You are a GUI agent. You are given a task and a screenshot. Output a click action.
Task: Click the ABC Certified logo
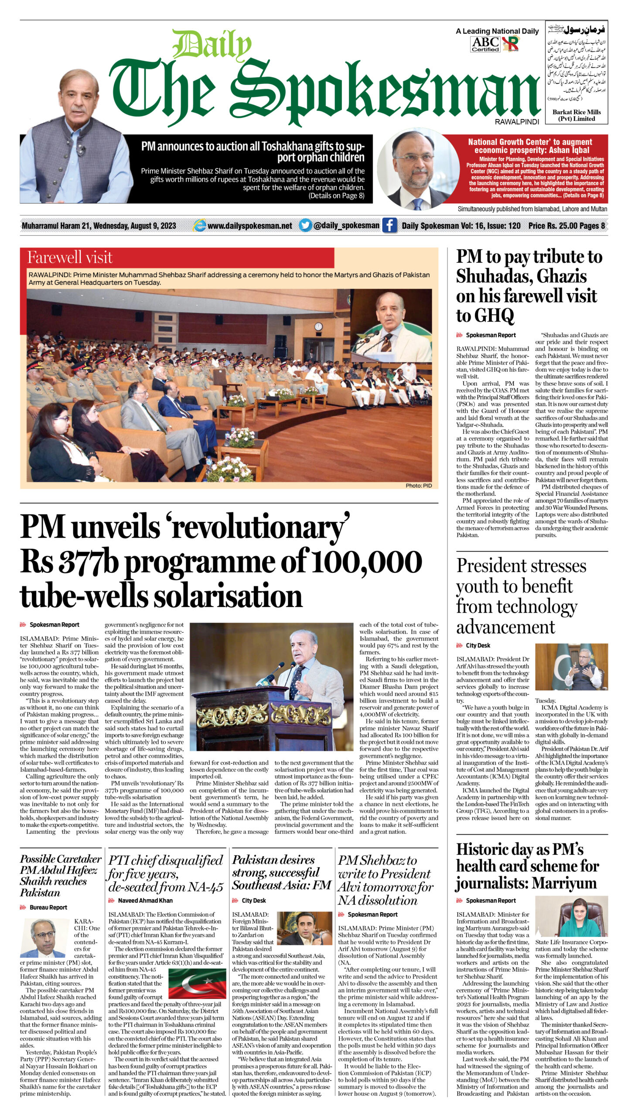[x=485, y=44]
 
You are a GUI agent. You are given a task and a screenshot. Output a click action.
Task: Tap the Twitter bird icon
[x=305, y=225]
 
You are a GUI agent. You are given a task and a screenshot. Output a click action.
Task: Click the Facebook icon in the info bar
[x=389, y=225]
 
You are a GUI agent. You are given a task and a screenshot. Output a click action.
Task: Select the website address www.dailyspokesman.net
[x=250, y=226]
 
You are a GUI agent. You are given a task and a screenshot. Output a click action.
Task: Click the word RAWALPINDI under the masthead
[x=517, y=122]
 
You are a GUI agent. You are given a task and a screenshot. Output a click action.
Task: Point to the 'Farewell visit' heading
[x=70, y=257]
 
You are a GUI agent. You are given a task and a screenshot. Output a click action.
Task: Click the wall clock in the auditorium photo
[x=318, y=326]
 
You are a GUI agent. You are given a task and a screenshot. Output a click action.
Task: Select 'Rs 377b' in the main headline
[x=69, y=562]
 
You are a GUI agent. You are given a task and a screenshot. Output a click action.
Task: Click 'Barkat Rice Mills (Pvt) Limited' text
[x=577, y=115]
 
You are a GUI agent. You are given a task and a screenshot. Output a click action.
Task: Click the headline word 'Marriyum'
[x=564, y=883]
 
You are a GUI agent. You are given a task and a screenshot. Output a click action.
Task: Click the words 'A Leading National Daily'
[x=497, y=31]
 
